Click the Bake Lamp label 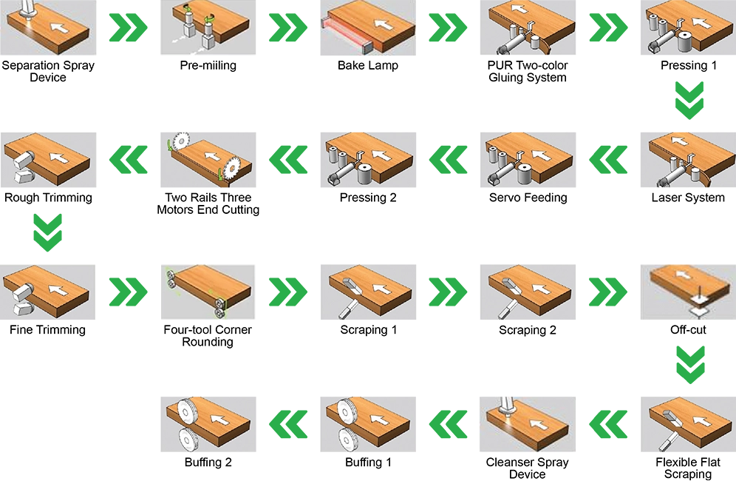367,65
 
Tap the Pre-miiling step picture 208,27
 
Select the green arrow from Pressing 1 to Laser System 689,100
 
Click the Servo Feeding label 528,198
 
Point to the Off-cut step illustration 688,292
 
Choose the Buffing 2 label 208,462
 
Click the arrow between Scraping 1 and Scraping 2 448,292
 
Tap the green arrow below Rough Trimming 48,232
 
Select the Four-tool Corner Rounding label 208,336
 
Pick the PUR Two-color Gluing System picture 528,27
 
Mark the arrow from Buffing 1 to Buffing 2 288,424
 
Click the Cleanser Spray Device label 527,468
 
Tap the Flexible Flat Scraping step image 688,424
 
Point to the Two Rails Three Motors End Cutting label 208,203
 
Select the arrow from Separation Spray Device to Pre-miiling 128,27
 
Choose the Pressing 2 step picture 368,160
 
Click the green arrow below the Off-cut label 690,365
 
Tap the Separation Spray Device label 48,72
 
